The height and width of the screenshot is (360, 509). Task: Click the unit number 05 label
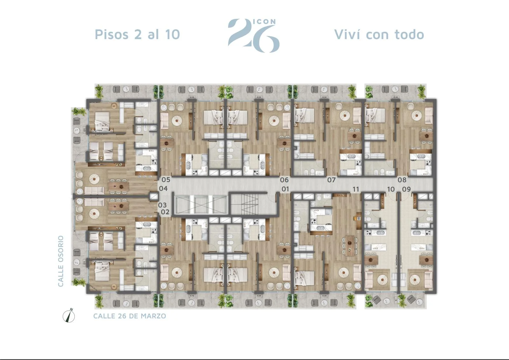(x=166, y=180)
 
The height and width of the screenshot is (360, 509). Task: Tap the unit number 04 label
(x=163, y=188)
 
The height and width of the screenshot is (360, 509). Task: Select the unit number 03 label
(x=163, y=205)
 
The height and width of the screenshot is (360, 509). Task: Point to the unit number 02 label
(x=165, y=212)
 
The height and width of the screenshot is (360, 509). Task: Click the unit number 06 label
(x=284, y=180)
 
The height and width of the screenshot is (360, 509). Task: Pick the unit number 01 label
(x=285, y=189)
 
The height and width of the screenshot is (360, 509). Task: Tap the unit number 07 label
(x=331, y=180)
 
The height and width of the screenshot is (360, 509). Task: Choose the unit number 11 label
(x=356, y=189)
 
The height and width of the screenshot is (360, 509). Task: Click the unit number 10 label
(x=391, y=189)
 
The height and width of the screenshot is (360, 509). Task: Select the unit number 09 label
(x=407, y=189)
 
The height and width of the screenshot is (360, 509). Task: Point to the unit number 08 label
(x=402, y=180)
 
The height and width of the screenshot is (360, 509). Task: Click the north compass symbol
(x=69, y=315)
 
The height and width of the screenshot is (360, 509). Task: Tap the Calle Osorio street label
(x=61, y=261)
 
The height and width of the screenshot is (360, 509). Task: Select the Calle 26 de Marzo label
(x=130, y=316)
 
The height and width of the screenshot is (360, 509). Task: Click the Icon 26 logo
(x=254, y=35)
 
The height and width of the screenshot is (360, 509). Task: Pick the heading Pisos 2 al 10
(x=137, y=34)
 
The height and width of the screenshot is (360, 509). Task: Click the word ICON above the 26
(x=264, y=22)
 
